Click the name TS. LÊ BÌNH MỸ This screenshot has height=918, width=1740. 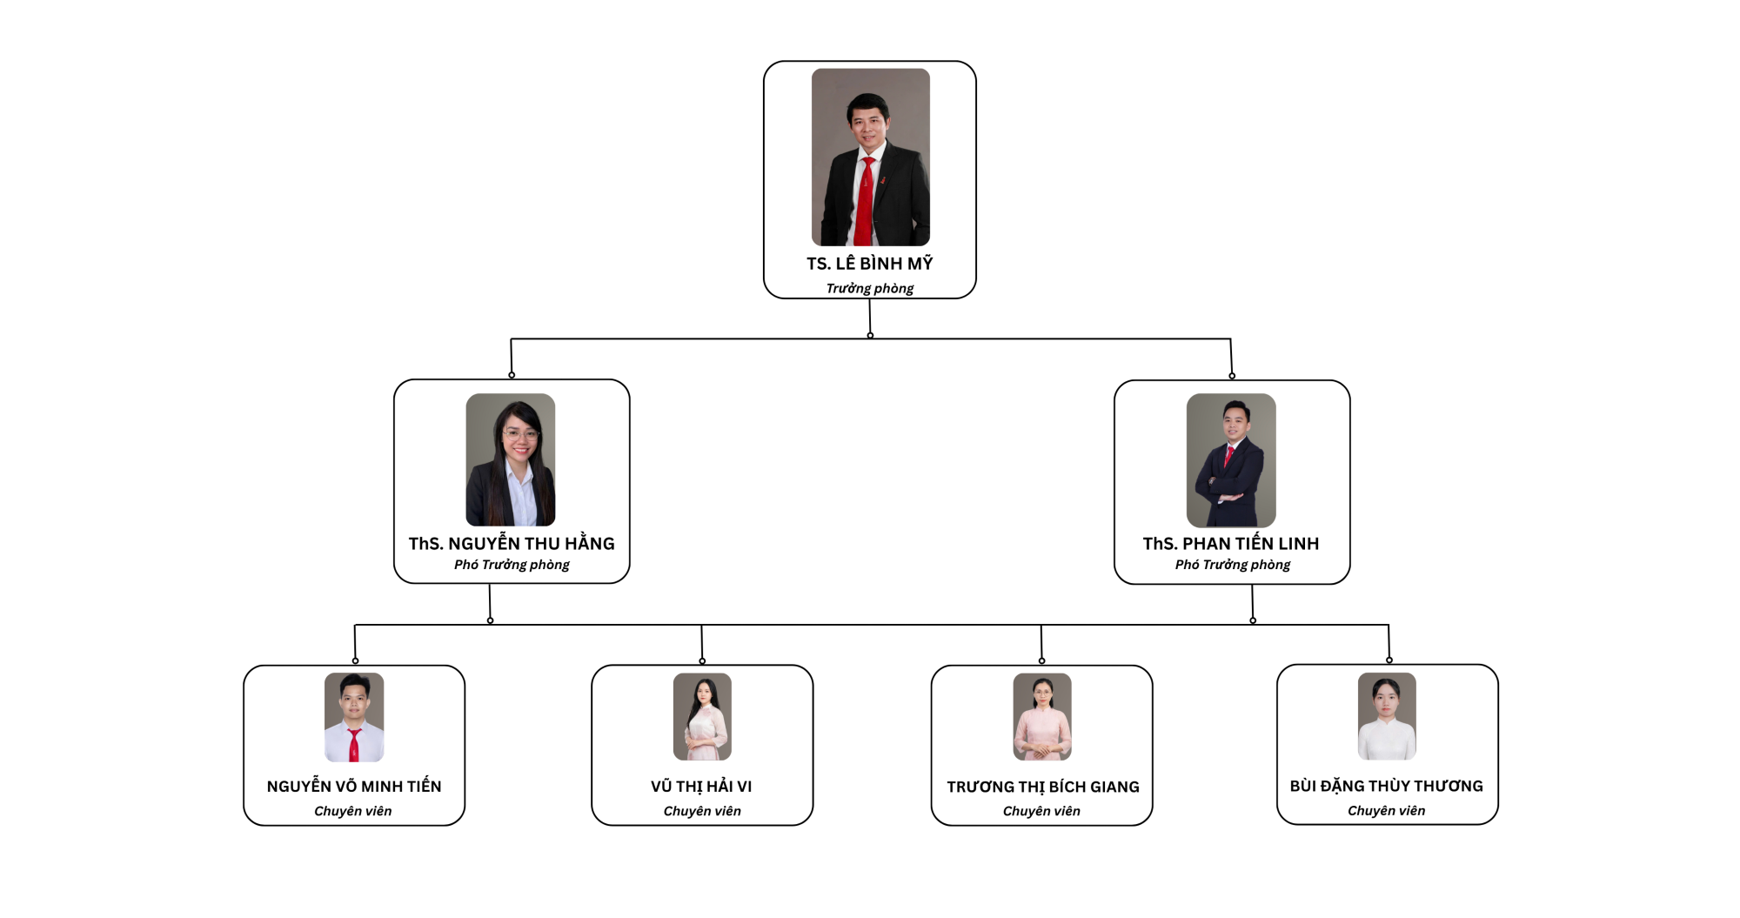pyautogui.click(x=869, y=264)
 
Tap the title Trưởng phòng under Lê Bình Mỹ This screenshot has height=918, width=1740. pyautogui.click(x=869, y=288)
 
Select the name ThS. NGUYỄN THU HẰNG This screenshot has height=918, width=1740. pyautogui.click(x=512, y=544)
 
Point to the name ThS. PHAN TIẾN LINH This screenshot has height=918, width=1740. pyautogui.click(x=1231, y=544)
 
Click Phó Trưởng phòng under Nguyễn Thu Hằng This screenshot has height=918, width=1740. pyautogui.click(x=512, y=565)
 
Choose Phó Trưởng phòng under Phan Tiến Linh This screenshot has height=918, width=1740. pyautogui.click(x=1232, y=565)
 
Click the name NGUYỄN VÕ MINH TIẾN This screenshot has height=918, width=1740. pyautogui.click(x=354, y=787)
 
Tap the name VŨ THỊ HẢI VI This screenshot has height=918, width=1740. pyautogui.click(x=701, y=787)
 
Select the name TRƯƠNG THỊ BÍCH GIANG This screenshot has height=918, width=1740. pyautogui.click(x=1042, y=787)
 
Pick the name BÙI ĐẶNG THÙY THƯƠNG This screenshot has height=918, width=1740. pyautogui.click(x=1386, y=787)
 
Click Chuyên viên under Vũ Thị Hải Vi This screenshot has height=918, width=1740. pyautogui.click(x=702, y=811)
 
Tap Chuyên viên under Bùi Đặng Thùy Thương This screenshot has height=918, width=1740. pyautogui.click(x=1386, y=811)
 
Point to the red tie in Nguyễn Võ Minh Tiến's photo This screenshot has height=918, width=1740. pyautogui.click(x=354, y=746)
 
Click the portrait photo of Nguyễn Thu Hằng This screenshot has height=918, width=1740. pyautogui.click(x=511, y=459)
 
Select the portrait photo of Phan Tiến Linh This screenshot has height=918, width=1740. pyautogui.click(x=1231, y=460)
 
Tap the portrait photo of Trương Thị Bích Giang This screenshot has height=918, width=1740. pyautogui.click(x=1042, y=716)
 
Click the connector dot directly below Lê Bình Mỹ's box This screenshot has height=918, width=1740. pyautogui.click(x=870, y=335)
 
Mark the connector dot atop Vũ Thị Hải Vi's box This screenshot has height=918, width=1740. pyautogui.click(x=702, y=661)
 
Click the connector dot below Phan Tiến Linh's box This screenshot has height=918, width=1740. pyautogui.click(x=1253, y=620)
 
